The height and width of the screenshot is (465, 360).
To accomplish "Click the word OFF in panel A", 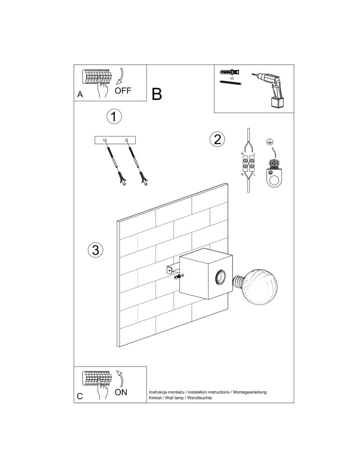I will (x=123, y=90).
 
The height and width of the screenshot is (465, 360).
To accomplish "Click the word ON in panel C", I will (x=120, y=392).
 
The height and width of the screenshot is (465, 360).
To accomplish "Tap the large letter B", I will (x=157, y=94).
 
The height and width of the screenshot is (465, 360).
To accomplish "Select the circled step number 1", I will (x=114, y=117).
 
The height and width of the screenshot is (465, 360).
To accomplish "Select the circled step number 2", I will (x=217, y=139).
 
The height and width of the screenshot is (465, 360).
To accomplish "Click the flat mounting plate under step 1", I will (x=115, y=140).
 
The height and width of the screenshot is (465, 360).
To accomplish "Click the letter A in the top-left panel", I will (x=80, y=94).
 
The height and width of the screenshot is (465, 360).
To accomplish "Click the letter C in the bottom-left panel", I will (x=80, y=396).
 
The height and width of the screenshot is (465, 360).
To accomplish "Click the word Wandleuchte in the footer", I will (x=200, y=399).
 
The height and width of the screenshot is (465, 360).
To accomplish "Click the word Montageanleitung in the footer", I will (x=250, y=392).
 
